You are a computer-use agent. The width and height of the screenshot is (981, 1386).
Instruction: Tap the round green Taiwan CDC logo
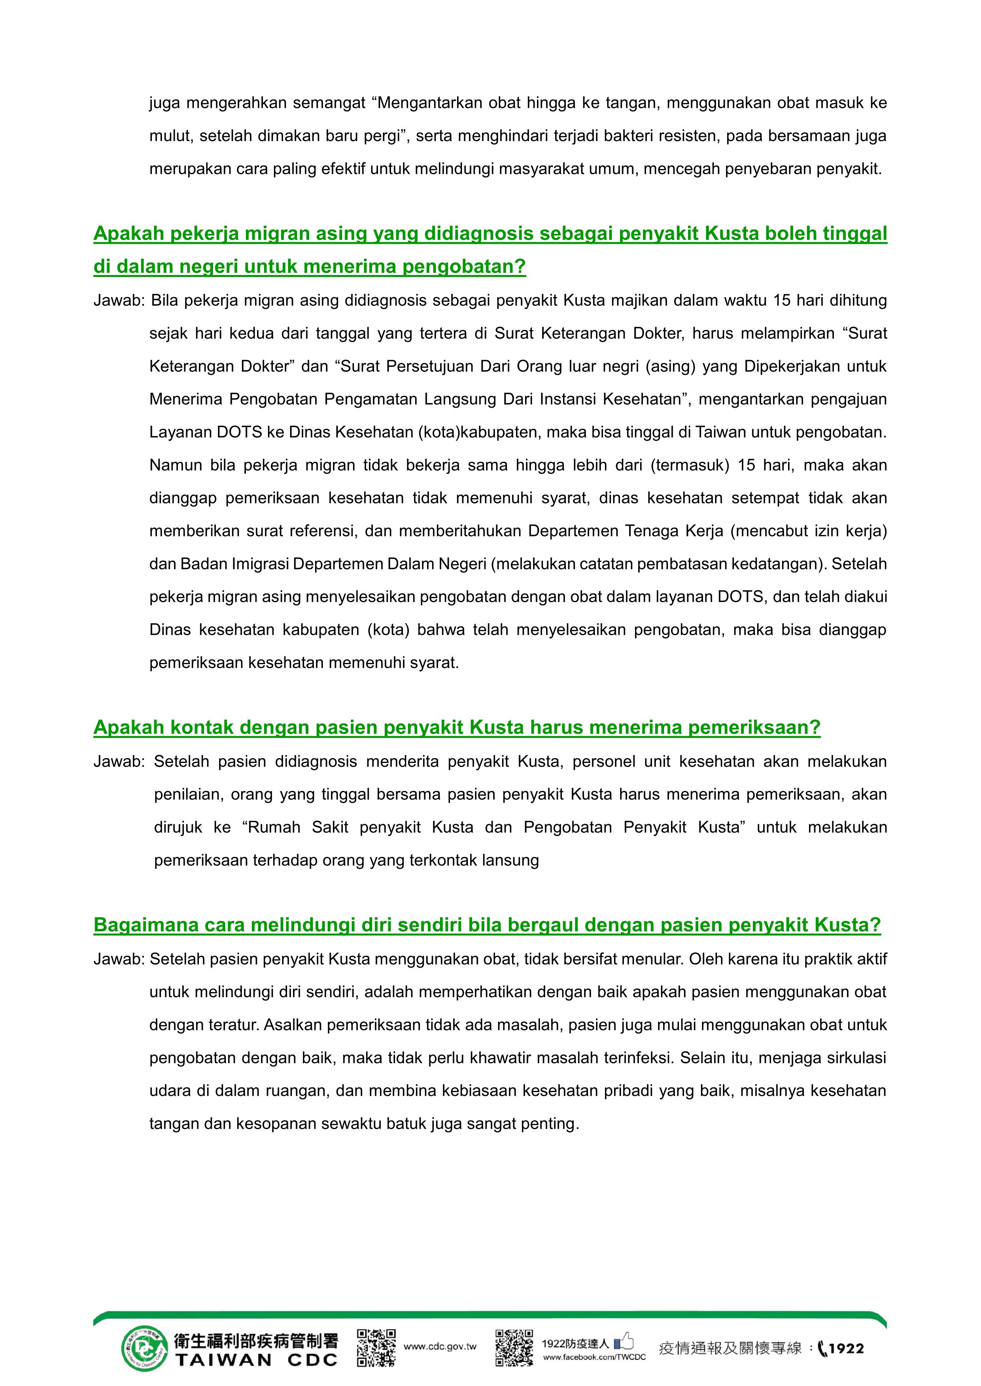pos(144,1348)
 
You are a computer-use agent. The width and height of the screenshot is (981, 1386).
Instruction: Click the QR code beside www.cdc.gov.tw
pos(376,1347)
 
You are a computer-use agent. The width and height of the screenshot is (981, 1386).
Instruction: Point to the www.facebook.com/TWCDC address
pos(594,1356)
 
